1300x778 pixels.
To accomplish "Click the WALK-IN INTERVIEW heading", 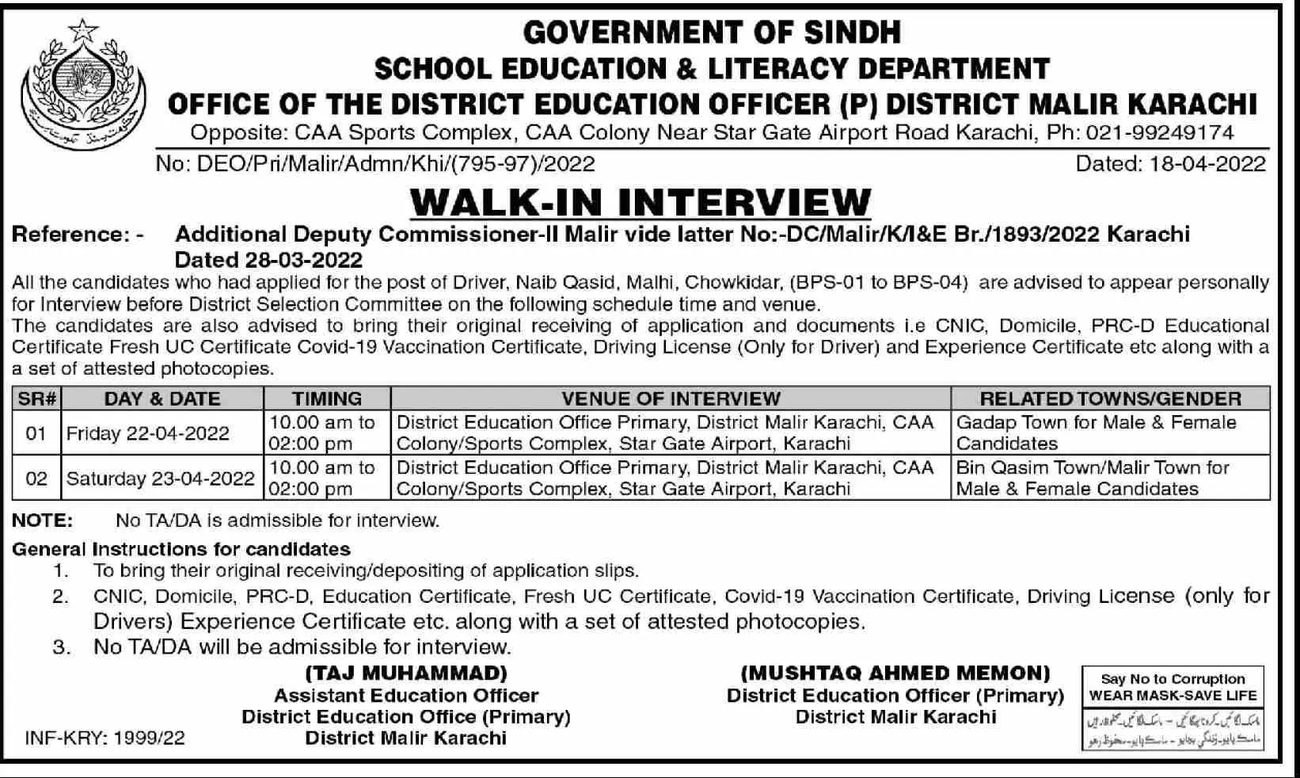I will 640,202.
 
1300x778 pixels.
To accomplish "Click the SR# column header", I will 36,399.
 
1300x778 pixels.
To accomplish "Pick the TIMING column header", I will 327,399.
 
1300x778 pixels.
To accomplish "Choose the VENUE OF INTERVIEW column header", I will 671,399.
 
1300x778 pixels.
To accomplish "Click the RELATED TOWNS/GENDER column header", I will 1110,399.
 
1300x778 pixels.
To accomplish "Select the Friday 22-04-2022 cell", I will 148,433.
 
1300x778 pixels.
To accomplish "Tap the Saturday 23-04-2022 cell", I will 161,479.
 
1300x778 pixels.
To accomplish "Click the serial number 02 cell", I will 36,479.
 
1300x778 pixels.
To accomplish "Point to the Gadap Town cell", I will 1096,433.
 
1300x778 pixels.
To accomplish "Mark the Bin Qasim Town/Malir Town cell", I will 1093,478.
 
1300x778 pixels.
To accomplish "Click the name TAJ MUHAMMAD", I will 406,673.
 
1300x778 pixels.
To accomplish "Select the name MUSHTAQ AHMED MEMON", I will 895,673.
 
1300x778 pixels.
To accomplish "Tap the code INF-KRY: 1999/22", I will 105,738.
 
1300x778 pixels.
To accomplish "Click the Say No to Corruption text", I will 1173,679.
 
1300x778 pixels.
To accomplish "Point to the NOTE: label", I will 42,521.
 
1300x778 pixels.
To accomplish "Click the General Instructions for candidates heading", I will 181,549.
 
